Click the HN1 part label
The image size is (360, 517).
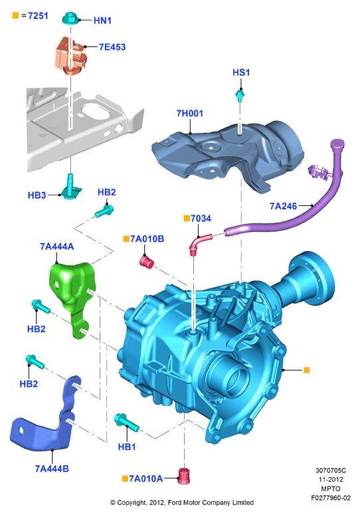pos(102,21)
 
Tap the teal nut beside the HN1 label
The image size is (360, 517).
pos(70,19)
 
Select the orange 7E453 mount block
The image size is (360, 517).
pos(71,56)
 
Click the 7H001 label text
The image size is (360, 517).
pos(189,114)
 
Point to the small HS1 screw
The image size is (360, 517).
pos(240,96)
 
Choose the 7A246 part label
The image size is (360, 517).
pos(283,206)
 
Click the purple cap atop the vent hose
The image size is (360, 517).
pos(337,144)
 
